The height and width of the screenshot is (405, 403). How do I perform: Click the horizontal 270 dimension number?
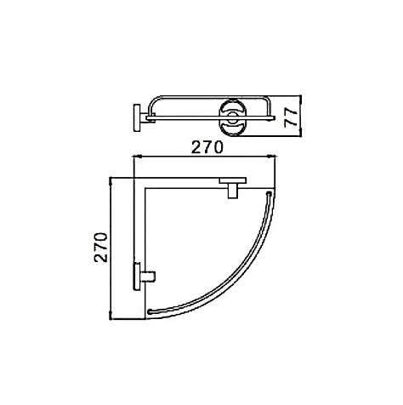pyautogui.click(x=207, y=147)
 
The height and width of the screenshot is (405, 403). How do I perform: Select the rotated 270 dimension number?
pyautogui.click(x=101, y=248)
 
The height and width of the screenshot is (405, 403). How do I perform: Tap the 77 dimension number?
pyautogui.click(x=291, y=117)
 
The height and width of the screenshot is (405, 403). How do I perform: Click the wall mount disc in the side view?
pyautogui.click(x=137, y=117)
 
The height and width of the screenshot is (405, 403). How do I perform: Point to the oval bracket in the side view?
pyautogui.click(x=233, y=117)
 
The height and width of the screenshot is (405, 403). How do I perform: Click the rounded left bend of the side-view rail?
pyautogui.click(x=153, y=102)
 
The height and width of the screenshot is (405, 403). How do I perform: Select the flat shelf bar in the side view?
pyautogui.click(x=210, y=117)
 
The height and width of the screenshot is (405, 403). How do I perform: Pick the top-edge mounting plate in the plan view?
pyautogui.click(x=233, y=180)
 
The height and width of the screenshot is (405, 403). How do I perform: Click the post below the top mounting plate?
pyautogui.click(x=233, y=191)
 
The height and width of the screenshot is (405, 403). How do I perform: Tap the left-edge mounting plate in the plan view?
pyautogui.click(x=137, y=276)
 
